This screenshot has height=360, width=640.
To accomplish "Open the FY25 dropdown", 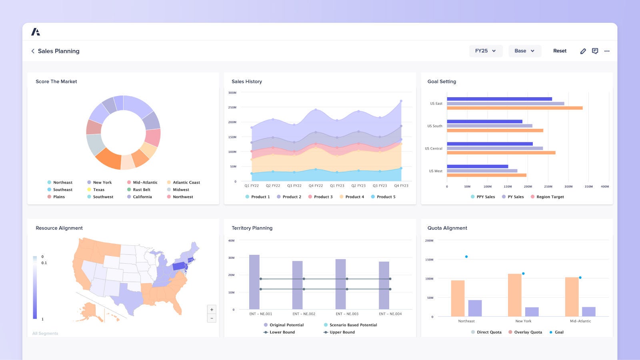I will point(485,51).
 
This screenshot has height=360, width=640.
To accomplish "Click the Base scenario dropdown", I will point(524,51).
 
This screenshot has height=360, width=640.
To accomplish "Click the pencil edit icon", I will point(583,51).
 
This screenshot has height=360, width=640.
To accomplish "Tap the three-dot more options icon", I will point(607,51).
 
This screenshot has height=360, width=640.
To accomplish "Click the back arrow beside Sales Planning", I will point(33,51).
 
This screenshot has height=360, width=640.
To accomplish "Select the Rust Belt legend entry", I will point(141,190).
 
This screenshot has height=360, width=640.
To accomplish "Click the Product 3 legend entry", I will point(323,197).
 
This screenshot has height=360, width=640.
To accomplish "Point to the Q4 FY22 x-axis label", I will point(316,186).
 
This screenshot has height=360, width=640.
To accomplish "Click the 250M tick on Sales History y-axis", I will point(232,107).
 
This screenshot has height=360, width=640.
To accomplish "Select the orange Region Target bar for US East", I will point(514,108).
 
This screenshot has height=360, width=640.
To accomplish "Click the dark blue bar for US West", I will point(477,166).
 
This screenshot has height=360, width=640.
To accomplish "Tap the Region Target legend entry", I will point(550,197).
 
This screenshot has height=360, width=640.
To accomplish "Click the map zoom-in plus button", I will point(212,309).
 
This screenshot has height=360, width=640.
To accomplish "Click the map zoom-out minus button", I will point(212,318).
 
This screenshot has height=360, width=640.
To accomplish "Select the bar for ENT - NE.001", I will point(254,282).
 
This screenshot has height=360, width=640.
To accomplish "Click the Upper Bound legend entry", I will point(342,332).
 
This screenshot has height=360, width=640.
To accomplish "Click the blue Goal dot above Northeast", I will point(466,257).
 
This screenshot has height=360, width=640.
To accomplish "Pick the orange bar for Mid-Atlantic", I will point(572,297).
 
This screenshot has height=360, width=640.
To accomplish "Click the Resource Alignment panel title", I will point(59,228).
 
